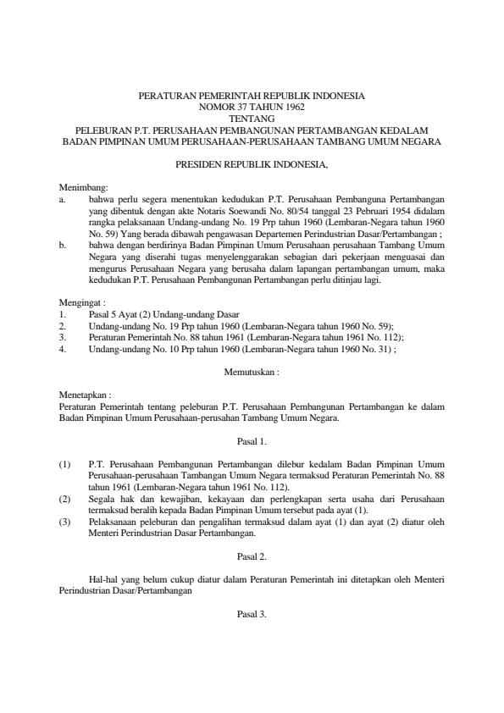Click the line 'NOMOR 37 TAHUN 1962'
tap(252, 108)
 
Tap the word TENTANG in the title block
tap(252, 119)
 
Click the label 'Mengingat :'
tap(81, 302)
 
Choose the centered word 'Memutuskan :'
tap(252, 371)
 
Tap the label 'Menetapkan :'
tap(85, 395)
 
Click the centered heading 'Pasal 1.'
tap(252, 441)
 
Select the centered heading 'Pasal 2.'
tap(252, 556)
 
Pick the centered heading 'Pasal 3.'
tap(252, 615)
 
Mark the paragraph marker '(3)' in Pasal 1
tap(65, 522)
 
